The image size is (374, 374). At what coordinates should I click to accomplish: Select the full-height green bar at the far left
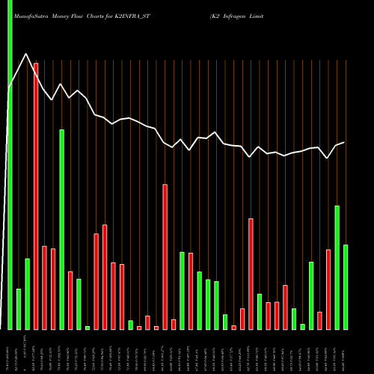click(x=10, y=165)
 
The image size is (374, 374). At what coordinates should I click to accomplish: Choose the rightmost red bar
click(x=328, y=289)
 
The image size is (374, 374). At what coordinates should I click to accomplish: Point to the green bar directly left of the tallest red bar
click(x=28, y=293)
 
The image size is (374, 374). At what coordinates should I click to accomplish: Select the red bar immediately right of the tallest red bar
click(x=44, y=287)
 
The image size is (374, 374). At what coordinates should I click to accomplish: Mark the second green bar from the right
click(x=337, y=267)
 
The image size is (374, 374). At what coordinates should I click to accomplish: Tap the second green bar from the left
click(x=19, y=309)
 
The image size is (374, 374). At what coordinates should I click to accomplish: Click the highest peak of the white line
click(x=27, y=54)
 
